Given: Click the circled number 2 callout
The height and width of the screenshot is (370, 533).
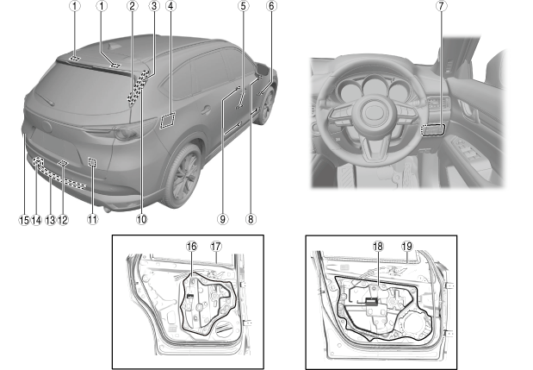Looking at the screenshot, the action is [x=132, y=7].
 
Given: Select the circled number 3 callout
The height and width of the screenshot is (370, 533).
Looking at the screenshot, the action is [x=153, y=7].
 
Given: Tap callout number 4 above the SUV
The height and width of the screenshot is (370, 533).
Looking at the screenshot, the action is [x=171, y=7].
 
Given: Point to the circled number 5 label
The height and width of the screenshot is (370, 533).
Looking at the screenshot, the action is [x=244, y=7].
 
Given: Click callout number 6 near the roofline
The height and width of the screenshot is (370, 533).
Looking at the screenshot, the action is [x=272, y=7].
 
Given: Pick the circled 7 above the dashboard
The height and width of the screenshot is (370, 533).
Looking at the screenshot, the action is [x=442, y=7].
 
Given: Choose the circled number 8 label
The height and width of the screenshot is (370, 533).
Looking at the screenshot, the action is [x=251, y=220].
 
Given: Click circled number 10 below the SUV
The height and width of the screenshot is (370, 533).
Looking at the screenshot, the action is [x=142, y=220].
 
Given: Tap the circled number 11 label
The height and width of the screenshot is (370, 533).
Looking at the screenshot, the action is [x=91, y=220].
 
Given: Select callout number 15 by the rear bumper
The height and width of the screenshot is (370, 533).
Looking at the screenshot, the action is [x=23, y=220].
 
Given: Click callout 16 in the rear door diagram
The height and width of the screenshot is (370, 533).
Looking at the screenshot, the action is [x=192, y=246].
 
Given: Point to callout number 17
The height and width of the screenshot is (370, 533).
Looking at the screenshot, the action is [x=215, y=246].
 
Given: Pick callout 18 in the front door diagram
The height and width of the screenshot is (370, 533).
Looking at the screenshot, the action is [x=377, y=246].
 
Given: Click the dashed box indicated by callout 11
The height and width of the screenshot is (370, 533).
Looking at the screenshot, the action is [x=91, y=160].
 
